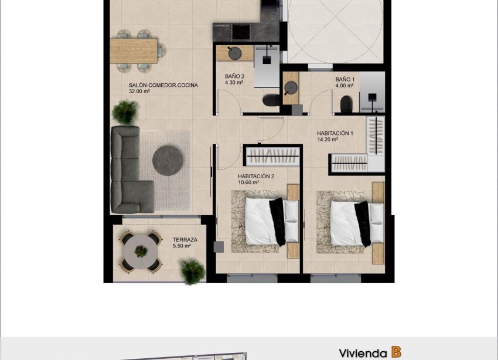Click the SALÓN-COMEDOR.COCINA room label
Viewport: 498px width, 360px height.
pyautogui.click(x=163, y=85)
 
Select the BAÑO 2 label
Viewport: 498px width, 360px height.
pyautogui.click(x=234, y=76)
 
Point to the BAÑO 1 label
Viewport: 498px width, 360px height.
pyautogui.click(x=345, y=79)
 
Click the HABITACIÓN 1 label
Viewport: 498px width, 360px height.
pyautogui.click(x=335, y=133)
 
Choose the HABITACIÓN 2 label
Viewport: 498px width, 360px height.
pyautogui.click(x=256, y=176)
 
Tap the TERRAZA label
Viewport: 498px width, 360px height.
pyautogui.click(x=185, y=240)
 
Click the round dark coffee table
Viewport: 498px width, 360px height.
pyautogui.click(x=169, y=158)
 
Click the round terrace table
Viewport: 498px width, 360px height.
pyautogui.click(x=141, y=251)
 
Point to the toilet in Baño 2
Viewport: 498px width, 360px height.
pyautogui.click(x=271, y=100)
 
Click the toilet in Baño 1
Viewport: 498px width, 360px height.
pyautogui.click(x=346, y=104)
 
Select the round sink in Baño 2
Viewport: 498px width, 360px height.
pyautogui.click(x=238, y=53)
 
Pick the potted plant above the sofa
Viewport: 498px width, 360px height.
pyautogui.click(x=125, y=110)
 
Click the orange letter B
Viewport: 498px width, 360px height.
pyautogui.click(x=397, y=352)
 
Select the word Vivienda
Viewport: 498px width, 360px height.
pyautogui.click(x=362, y=353)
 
